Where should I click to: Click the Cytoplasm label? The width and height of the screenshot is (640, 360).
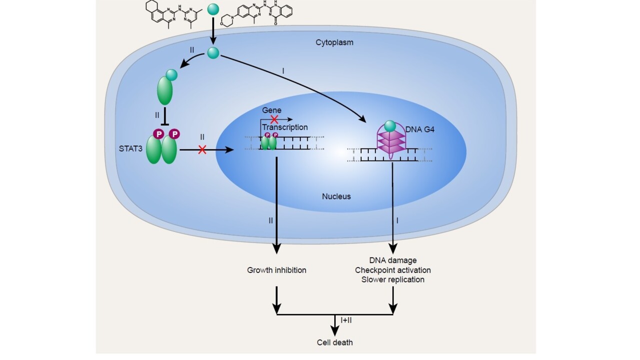(x=334, y=42)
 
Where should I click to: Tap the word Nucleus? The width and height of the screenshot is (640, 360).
(x=336, y=196)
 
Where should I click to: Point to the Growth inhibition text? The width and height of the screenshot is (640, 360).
(x=276, y=270)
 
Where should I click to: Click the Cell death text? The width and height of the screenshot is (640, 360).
(x=335, y=342)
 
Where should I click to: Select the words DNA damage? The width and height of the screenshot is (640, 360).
(x=393, y=260)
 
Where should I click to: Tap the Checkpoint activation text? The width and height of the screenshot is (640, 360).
(x=393, y=270)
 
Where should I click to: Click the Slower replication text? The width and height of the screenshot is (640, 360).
(x=393, y=279)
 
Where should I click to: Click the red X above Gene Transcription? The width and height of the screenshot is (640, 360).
(x=274, y=119)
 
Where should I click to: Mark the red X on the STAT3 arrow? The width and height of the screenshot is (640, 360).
(x=202, y=149)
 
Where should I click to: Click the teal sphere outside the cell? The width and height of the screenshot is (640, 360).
(x=213, y=9)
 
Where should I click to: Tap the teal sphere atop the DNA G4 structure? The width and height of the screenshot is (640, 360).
(x=390, y=126)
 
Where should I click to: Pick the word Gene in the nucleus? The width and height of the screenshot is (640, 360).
(x=272, y=110)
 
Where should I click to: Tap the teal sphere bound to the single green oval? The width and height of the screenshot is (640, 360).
(x=172, y=75)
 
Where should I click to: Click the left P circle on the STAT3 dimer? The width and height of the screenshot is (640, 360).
(x=159, y=133)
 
